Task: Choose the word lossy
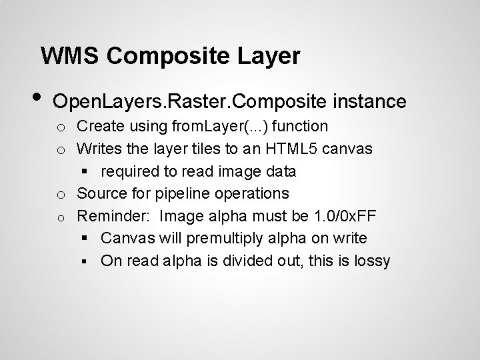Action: click(x=371, y=261)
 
